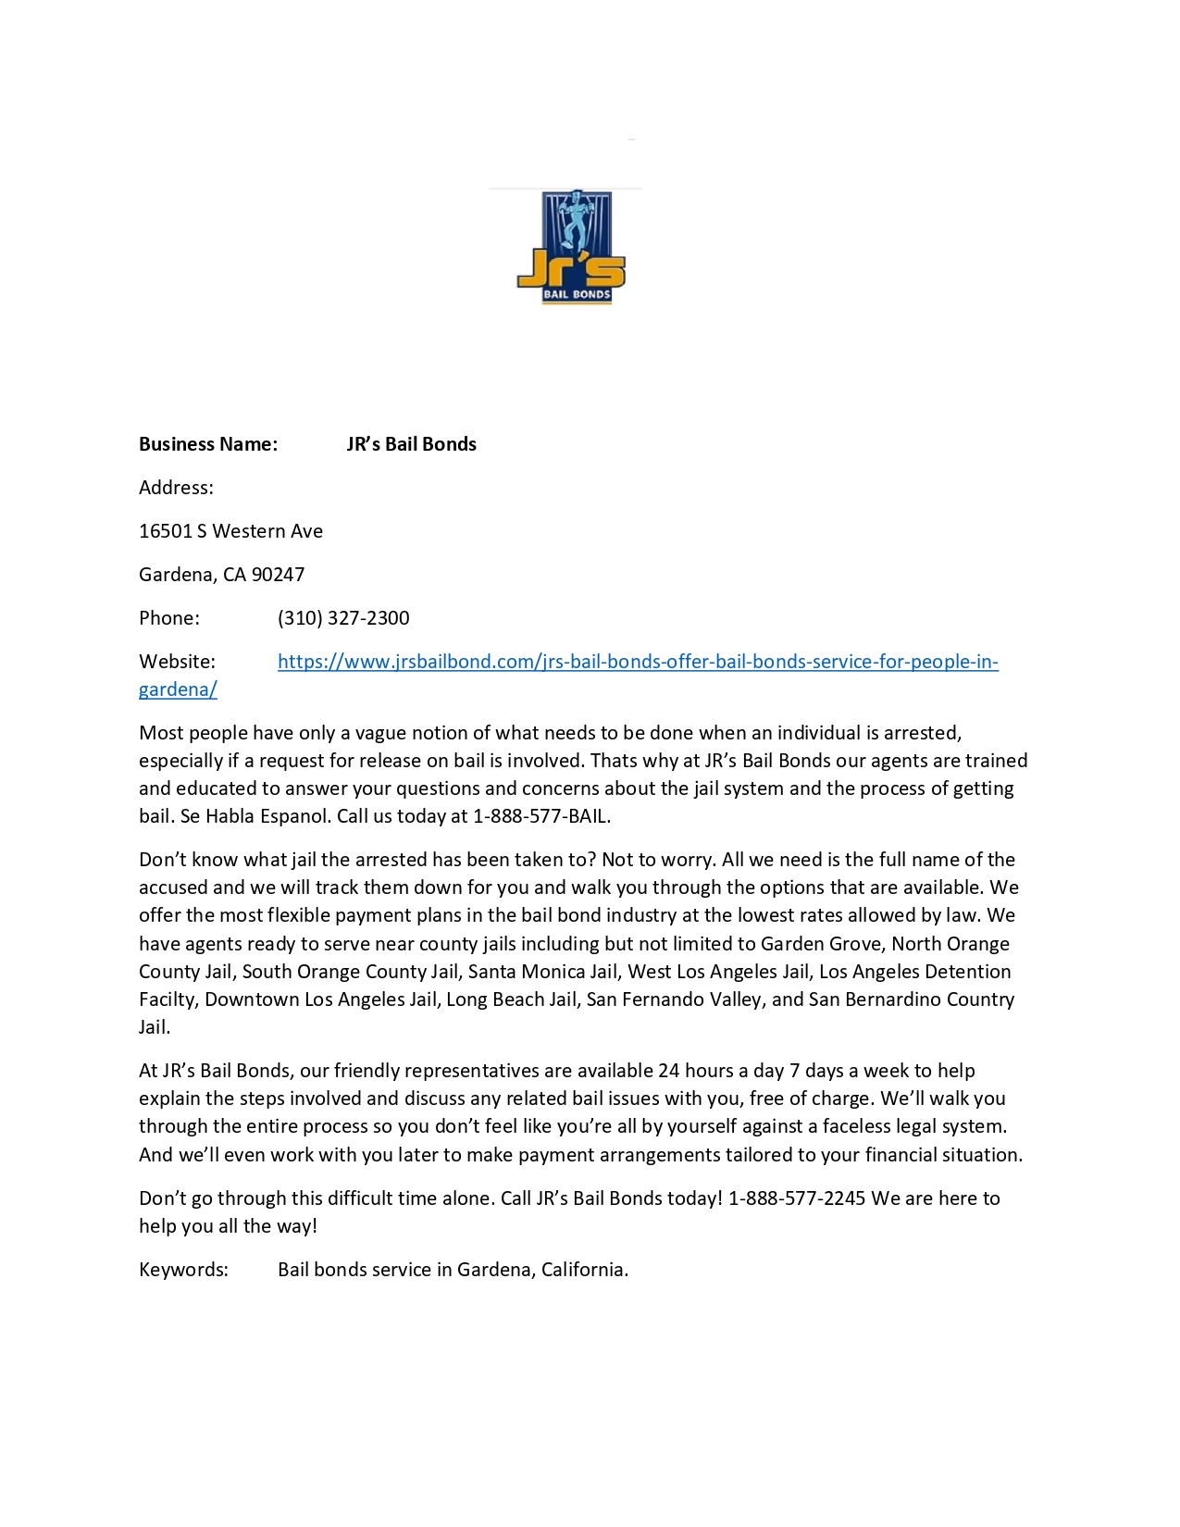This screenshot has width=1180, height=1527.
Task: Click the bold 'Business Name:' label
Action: click(208, 444)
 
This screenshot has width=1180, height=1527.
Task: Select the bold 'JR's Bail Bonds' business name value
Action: click(411, 444)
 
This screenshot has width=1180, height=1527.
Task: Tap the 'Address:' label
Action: click(176, 488)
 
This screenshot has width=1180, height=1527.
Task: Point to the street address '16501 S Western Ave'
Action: click(230, 531)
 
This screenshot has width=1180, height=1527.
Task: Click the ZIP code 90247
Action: click(278, 575)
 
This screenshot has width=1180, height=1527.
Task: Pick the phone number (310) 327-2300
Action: click(343, 618)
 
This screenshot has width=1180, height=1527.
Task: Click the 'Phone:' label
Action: click(169, 618)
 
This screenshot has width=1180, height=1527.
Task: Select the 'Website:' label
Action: click(177, 662)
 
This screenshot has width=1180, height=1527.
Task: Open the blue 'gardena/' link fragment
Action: click(178, 689)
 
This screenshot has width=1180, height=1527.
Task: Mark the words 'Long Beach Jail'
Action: click(511, 999)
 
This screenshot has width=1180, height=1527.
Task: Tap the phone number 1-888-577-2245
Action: click(797, 1198)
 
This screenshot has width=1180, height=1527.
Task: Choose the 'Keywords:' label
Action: click(183, 1270)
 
